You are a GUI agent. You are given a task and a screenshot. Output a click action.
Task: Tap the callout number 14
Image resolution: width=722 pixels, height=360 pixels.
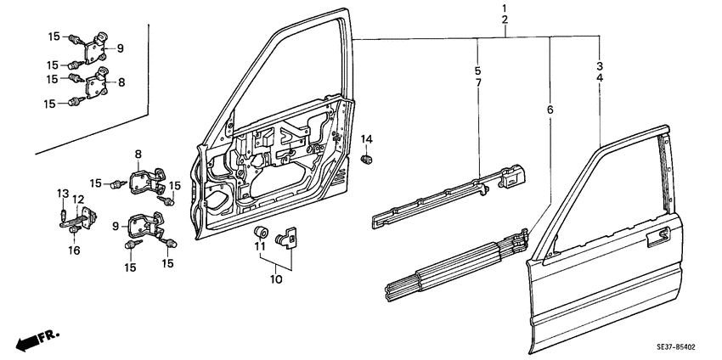(x=367, y=138)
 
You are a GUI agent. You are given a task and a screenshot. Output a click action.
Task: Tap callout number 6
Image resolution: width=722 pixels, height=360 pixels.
(x=550, y=110)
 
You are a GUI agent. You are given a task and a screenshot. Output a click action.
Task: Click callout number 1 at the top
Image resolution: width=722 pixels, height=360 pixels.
(x=505, y=8)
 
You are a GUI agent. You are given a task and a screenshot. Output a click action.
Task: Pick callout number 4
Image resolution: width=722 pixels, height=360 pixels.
(x=600, y=77)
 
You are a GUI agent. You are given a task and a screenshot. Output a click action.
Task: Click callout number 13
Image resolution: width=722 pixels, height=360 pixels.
(x=62, y=192)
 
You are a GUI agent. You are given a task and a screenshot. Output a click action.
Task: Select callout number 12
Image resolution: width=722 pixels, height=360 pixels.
(x=77, y=200)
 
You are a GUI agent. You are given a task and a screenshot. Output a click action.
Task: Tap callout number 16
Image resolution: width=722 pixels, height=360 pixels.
(x=73, y=250)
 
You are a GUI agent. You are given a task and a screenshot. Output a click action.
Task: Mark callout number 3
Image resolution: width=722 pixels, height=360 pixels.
(x=600, y=65)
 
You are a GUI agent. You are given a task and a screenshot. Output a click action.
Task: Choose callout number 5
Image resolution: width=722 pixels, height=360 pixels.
(x=478, y=70)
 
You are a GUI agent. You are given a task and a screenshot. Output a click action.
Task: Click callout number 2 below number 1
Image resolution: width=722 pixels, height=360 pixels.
(x=505, y=20)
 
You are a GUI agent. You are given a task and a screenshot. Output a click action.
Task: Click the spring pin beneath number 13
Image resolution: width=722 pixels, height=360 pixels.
(x=64, y=211)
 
